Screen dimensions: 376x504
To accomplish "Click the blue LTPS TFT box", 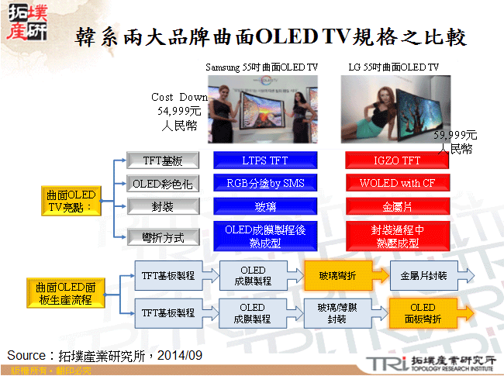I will tap(267, 160).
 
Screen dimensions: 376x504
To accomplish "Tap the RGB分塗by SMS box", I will tap(267, 184).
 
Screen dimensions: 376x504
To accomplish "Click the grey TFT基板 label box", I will tap(162, 160).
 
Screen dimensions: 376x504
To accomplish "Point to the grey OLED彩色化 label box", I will tap(162, 184).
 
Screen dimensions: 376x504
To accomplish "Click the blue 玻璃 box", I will tap(267, 207).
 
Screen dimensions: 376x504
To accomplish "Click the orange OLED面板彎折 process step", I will tap(423, 313).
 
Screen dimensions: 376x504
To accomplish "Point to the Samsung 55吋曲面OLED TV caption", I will tap(262, 67).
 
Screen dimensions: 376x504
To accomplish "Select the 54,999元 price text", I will tap(179, 111).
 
